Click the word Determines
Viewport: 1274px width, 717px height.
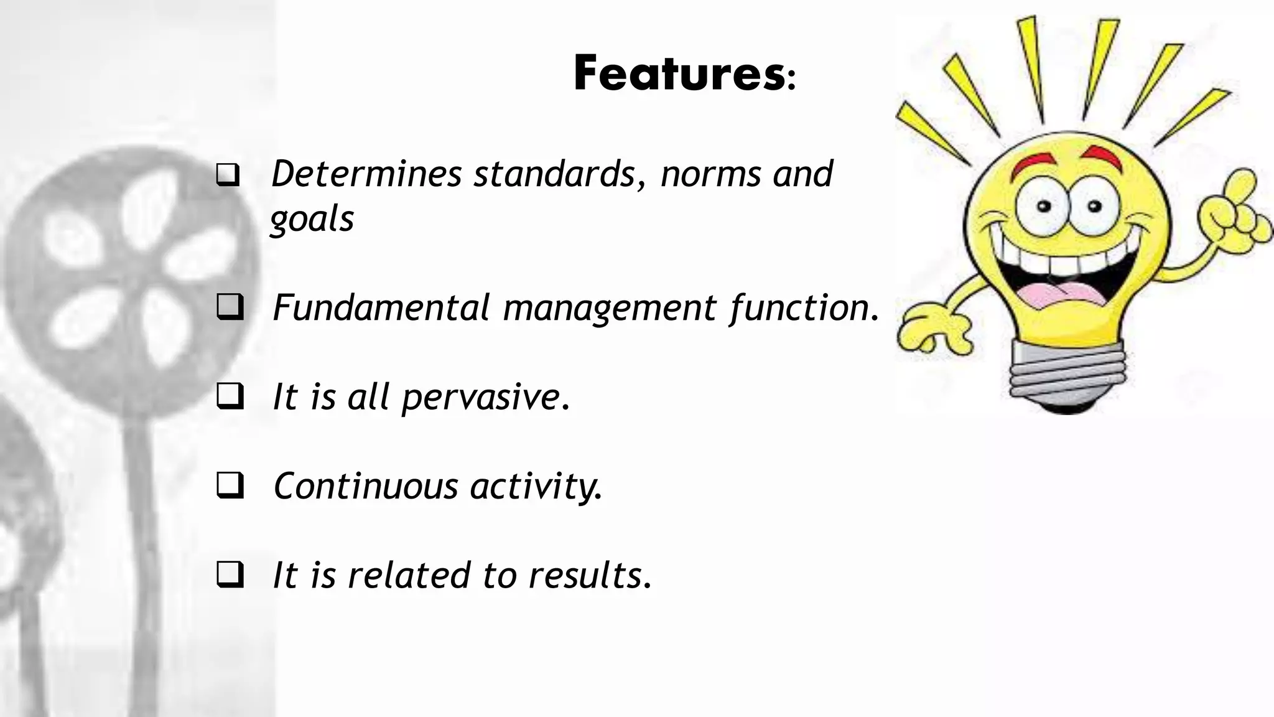[x=366, y=174]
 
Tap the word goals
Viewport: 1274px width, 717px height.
[x=312, y=219]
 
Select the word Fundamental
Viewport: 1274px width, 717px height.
[x=381, y=307]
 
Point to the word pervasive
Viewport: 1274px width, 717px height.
[x=485, y=397]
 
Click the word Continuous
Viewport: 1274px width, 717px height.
[x=366, y=486]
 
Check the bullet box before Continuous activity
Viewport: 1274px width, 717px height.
[x=230, y=486]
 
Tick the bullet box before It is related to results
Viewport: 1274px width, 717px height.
[x=230, y=575]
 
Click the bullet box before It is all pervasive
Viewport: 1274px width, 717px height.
[x=230, y=397]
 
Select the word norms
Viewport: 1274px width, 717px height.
[x=710, y=174]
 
